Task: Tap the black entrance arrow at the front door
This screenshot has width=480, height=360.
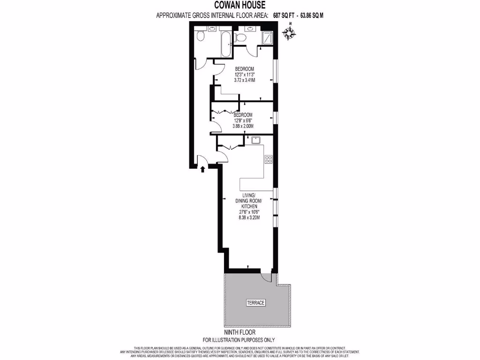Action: tap(202, 168)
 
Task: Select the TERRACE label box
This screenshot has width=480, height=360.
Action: tap(255, 303)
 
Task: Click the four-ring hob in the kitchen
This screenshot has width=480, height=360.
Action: tap(269, 159)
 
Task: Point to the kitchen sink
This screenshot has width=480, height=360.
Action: tap(256, 140)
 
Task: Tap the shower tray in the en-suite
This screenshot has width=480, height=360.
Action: tap(268, 38)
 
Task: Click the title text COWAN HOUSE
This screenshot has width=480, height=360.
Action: tap(240, 6)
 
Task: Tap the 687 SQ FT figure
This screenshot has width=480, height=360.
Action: tap(285, 15)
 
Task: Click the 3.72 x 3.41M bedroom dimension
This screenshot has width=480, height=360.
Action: tap(245, 80)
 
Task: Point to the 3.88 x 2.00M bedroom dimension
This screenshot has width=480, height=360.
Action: tap(243, 126)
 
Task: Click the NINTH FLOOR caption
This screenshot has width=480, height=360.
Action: tap(240, 332)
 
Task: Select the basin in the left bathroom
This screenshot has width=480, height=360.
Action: tap(211, 30)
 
